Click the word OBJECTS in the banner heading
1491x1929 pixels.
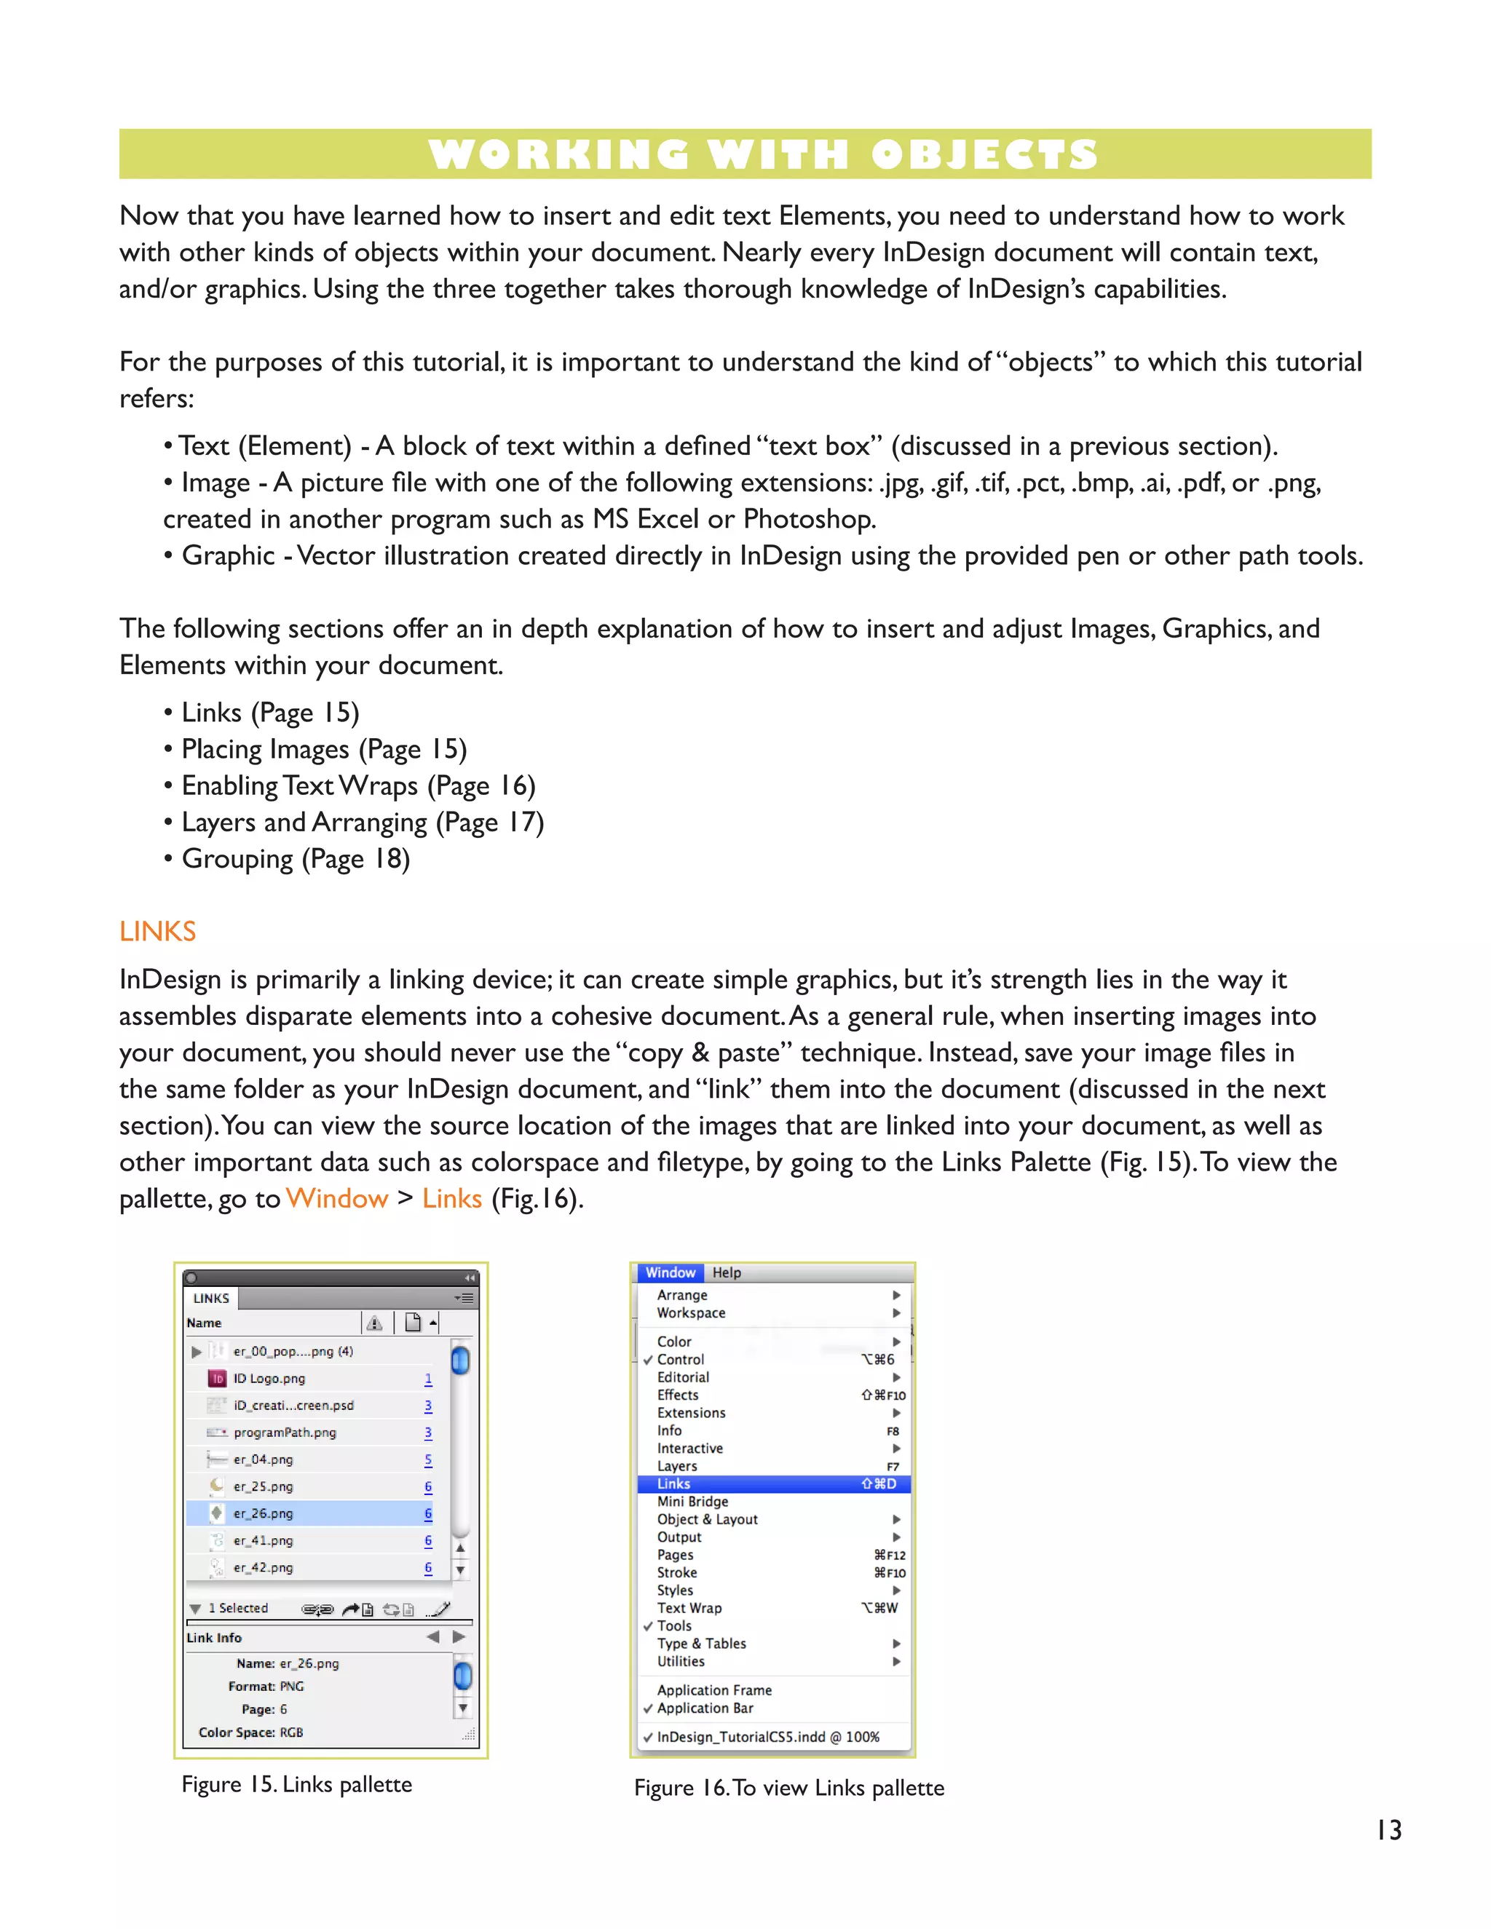[984, 156]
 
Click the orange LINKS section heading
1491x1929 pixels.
[157, 931]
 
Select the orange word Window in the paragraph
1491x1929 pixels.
[336, 1199]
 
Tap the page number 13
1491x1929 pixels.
[1388, 1831]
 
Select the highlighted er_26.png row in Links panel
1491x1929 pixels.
[264, 1513]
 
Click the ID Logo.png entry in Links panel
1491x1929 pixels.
[269, 1378]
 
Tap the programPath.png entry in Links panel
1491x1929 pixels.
[285, 1432]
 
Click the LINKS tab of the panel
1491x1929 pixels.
[211, 1299]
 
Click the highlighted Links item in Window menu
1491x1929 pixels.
[674, 1484]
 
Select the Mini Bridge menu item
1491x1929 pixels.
[692, 1502]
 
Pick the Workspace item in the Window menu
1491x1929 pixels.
[691, 1312]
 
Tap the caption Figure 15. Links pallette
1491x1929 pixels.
[297, 1784]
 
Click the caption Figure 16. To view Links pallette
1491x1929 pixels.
[788, 1788]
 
